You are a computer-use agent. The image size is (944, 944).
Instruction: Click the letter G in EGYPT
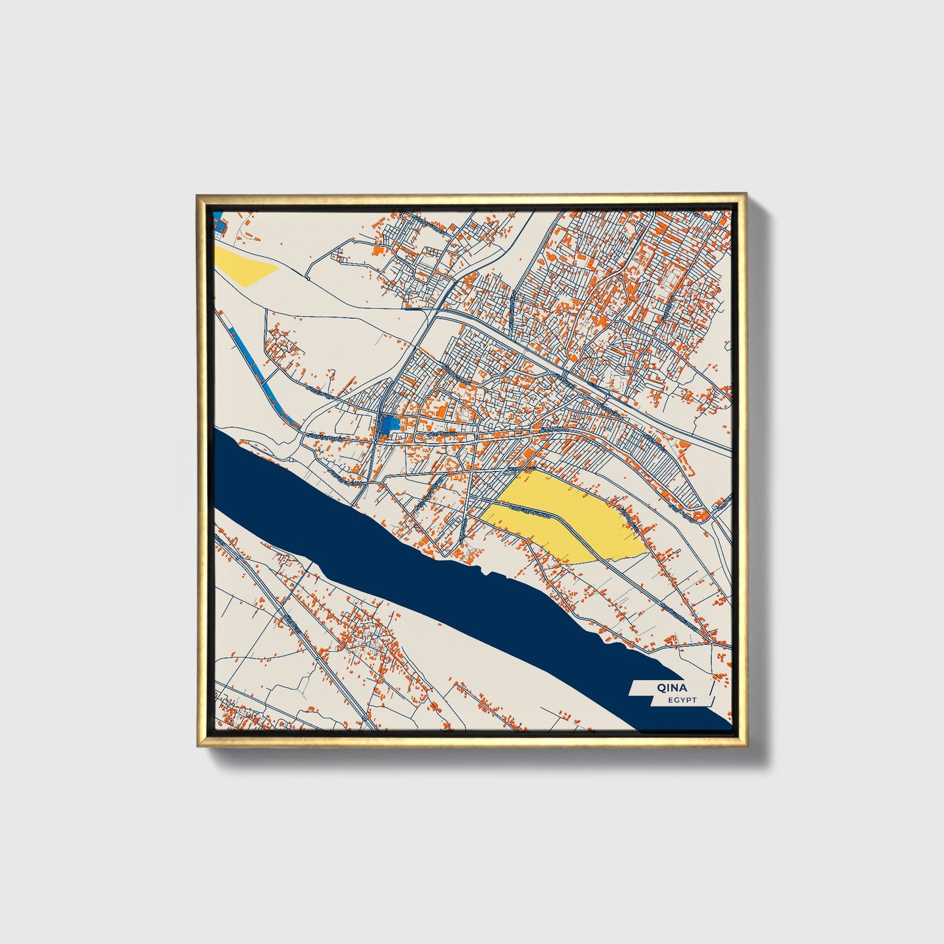click(x=675, y=700)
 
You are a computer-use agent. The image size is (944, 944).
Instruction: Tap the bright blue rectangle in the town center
click(x=389, y=425)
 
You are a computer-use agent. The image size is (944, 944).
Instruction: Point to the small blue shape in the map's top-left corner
click(x=219, y=226)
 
